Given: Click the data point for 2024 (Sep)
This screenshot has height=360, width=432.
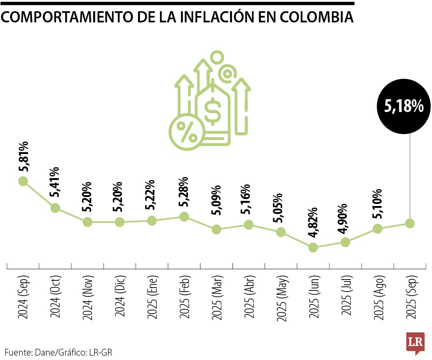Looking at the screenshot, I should pos(23,181).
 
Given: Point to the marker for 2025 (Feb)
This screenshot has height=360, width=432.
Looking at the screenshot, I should pos(184,216).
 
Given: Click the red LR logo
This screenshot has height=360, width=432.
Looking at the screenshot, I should pos(415,342).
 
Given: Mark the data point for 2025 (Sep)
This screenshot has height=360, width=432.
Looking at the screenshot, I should pos(410,223).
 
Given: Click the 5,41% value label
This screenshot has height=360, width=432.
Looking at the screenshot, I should pos(55,182).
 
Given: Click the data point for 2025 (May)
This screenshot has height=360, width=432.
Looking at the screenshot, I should pos(281,232).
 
